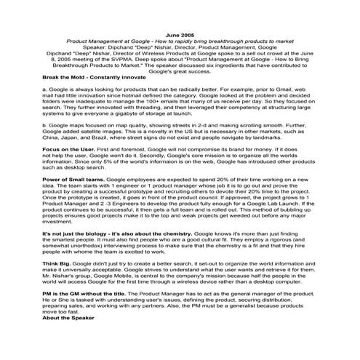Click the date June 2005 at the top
pos(180,35)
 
